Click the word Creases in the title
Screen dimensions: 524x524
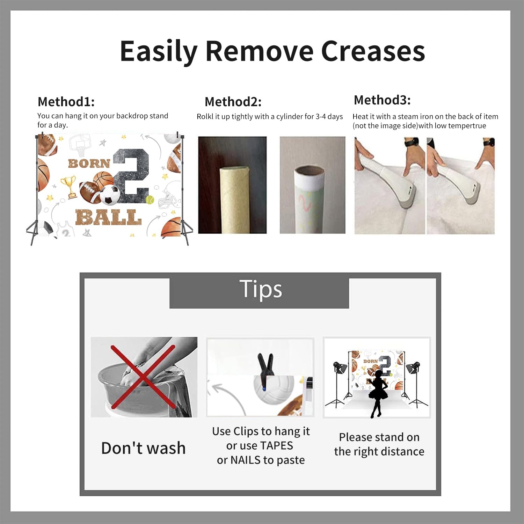(x=373, y=51)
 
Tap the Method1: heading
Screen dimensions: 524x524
(x=66, y=102)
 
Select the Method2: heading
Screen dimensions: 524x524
(x=233, y=102)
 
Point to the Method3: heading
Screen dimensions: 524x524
(x=382, y=100)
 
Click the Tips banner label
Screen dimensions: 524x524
(x=261, y=289)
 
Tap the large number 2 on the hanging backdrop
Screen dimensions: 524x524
(x=132, y=176)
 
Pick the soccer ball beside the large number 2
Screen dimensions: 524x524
(x=110, y=195)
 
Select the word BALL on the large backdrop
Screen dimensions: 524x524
(x=108, y=217)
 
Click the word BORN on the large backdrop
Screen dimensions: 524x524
(x=89, y=163)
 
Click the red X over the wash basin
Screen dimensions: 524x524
(x=143, y=377)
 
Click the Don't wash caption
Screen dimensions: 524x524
(x=143, y=448)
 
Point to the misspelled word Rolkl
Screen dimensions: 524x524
(x=205, y=116)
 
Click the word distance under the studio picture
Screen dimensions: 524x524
(x=402, y=451)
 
